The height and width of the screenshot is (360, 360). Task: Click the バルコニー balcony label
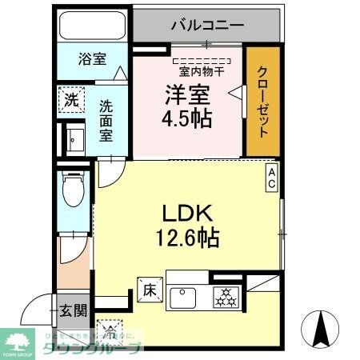[206, 25]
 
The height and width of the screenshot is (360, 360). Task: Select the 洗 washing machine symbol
[71, 102]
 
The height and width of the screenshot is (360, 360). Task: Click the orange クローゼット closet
[263, 102]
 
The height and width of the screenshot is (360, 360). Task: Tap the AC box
[272, 178]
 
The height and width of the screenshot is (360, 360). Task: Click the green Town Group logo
[18, 339]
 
